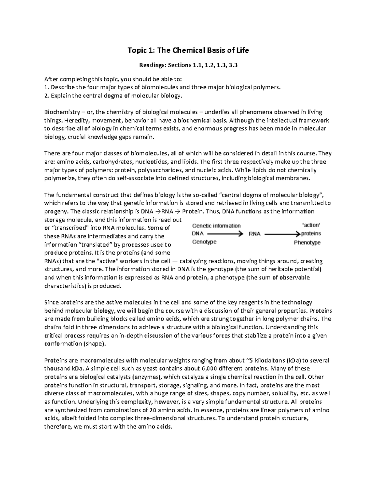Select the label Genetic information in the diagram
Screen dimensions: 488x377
[x=216, y=226]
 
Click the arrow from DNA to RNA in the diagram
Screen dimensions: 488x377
[x=225, y=234]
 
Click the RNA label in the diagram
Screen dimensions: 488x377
[x=254, y=234]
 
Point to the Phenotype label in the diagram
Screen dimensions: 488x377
[x=307, y=242]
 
